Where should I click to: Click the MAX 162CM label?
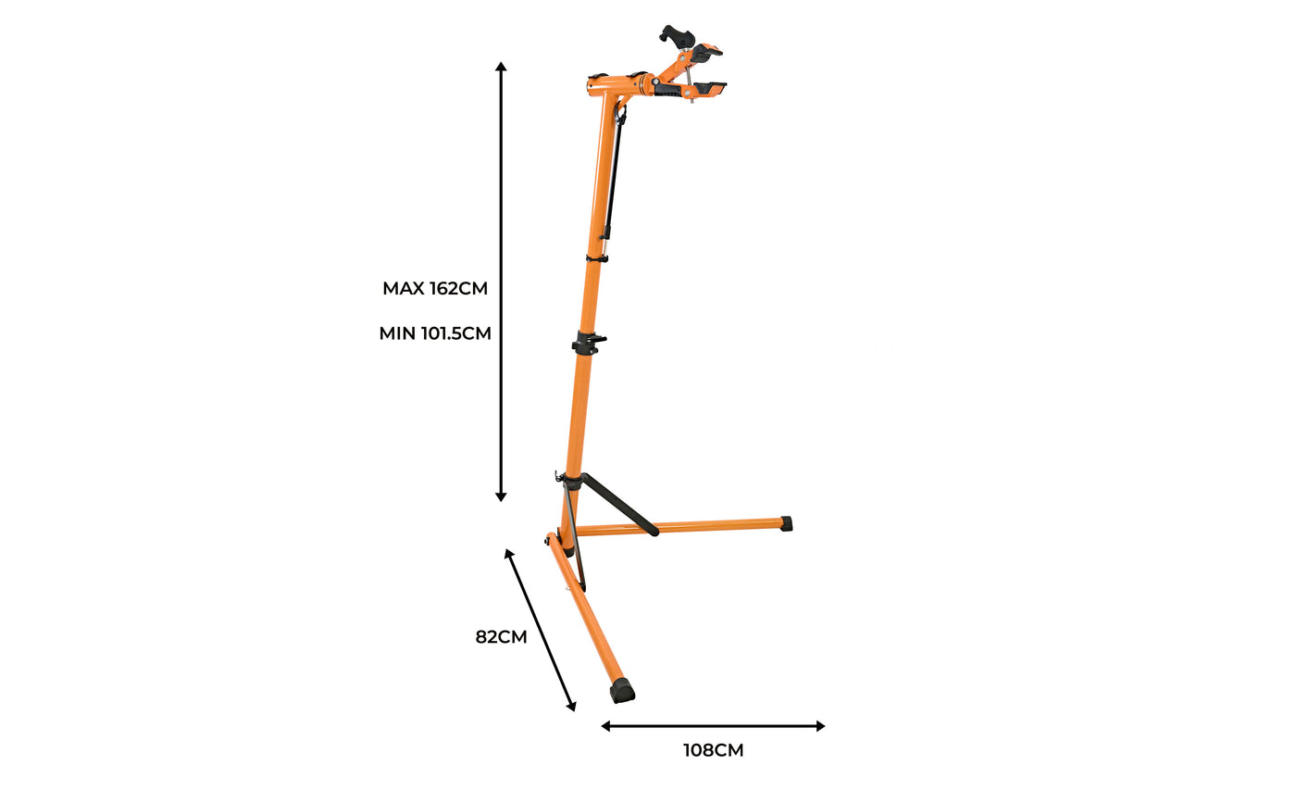click(x=435, y=288)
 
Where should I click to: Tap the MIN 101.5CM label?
click(x=435, y=333)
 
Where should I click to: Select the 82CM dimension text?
click(x=501, y=637)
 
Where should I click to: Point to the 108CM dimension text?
click(x=714, y=750)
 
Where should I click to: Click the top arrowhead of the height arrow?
click(x=501, y=66)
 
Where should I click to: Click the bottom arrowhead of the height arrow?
click(x=501, y=496)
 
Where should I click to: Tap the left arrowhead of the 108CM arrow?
click(x=605, y=726)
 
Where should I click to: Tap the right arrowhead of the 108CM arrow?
click(x=820, y=726)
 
